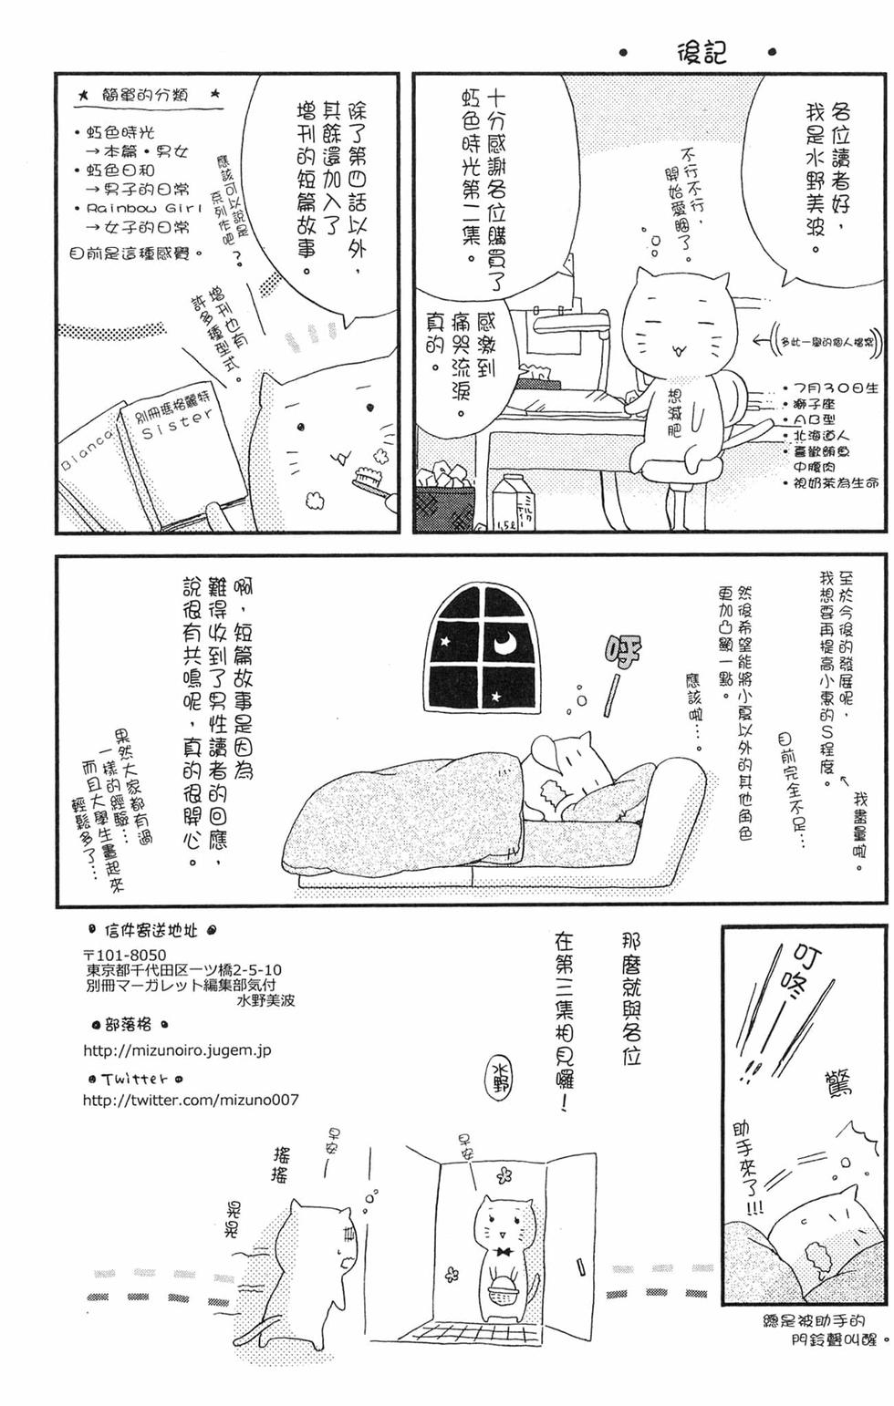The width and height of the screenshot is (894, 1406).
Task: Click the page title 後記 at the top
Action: point(701,52)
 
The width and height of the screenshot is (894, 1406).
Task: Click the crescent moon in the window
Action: point(505,644)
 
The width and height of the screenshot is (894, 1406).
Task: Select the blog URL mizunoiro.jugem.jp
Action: point(177,1050)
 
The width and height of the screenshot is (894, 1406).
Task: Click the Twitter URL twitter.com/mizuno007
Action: point(190,1100)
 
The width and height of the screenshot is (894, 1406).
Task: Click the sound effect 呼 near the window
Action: point(622,653)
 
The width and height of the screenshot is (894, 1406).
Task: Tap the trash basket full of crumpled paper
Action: point(445,501)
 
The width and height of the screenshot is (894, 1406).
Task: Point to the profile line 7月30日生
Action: point(834,388)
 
